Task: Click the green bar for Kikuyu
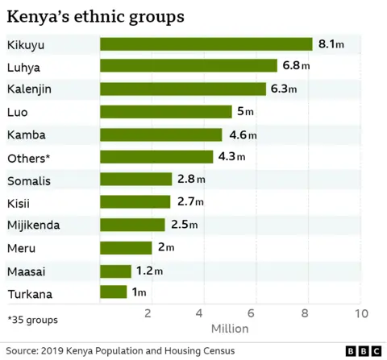206,44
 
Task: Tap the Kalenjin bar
182,89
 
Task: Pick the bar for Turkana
114,292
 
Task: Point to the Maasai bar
115,270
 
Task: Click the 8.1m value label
331,44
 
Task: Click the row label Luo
17,111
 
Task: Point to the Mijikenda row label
33,225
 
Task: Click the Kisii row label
19,202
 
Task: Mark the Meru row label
20,247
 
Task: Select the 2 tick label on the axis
148,312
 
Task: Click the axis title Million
230,329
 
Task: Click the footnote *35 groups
32,320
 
